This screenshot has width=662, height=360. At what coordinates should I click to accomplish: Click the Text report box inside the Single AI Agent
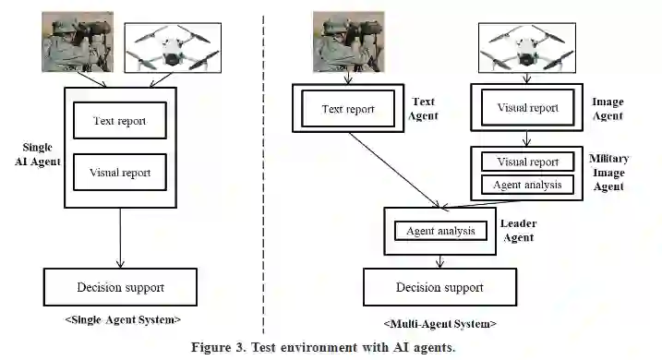coord(120,120)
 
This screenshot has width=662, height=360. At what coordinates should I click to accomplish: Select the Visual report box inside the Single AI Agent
coord(120,173)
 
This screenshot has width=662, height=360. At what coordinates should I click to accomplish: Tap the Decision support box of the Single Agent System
coord(120,287)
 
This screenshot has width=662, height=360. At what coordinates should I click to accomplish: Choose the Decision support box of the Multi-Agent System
coord(439,287)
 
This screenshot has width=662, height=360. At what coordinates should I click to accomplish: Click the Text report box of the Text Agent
coord(348,109)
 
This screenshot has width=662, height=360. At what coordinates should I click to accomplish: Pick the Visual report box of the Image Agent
coord(528,107)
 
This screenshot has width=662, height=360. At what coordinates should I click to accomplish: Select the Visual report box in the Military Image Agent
coord(528,162)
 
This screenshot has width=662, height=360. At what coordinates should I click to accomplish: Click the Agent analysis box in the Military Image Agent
coord(528,185)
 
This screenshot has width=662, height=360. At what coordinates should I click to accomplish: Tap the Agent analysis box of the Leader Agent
coord(440,231)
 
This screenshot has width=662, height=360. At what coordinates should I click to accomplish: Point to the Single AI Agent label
coord(38,154)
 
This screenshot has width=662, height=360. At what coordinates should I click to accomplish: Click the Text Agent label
coord(423,109)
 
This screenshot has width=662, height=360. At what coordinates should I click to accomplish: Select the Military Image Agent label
coord(608,173)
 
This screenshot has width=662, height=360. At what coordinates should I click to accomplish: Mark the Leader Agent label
coord(519,231)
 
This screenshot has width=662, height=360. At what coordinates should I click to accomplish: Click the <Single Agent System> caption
coord(123,319)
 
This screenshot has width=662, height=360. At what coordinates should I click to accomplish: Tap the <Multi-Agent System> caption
coord(439,324)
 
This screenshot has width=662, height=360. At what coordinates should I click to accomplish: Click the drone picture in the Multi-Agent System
coord(527,48)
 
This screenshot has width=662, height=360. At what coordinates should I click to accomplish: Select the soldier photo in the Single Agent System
coord(78,42)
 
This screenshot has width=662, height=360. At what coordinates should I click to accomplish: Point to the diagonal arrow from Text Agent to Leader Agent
coord(395,170)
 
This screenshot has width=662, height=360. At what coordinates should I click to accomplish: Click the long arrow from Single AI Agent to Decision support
coord(120,237)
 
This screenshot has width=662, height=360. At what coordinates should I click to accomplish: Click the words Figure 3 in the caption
coord(218,347)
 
